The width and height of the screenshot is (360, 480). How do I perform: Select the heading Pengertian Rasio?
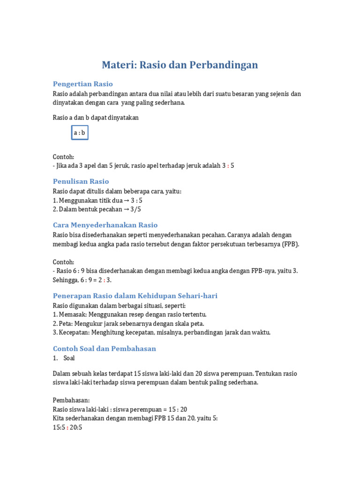83,84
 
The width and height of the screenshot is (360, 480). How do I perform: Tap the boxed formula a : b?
80,133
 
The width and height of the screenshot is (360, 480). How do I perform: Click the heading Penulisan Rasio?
81,181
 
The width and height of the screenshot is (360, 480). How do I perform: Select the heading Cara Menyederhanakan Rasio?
105,225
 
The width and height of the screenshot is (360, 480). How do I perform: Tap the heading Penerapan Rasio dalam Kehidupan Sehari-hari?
135,296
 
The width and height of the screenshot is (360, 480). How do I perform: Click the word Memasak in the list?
73,315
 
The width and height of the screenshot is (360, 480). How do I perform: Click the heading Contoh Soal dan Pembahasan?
105,349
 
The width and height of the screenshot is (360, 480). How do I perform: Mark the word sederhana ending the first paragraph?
171,103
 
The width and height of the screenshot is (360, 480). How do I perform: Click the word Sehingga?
65,280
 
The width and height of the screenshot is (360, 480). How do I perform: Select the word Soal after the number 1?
69,358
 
